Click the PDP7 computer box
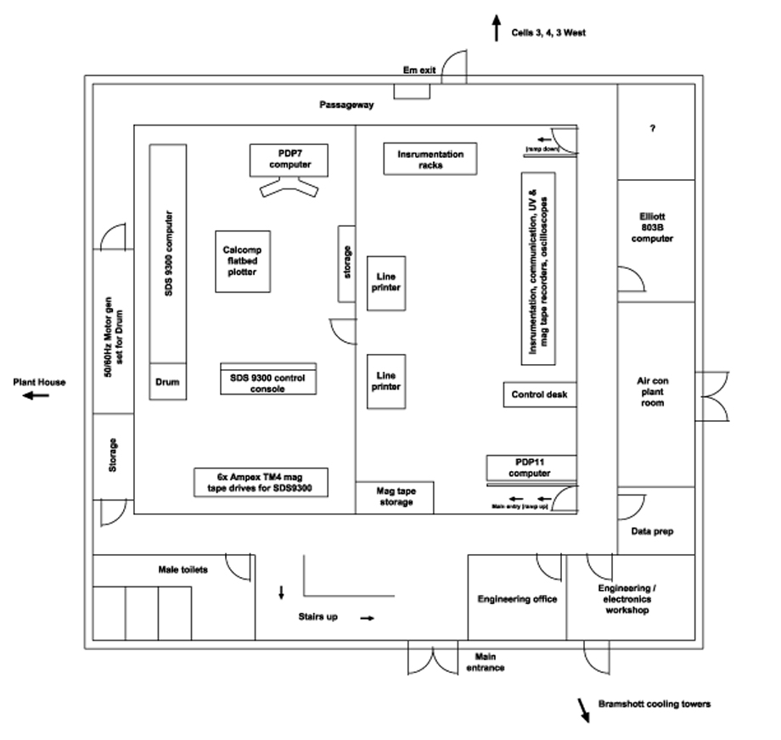click(x=289, y=160)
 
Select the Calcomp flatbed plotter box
click(x=243, y=261)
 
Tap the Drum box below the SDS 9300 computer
click(x=168, y=381)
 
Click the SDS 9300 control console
click(x=268, y=379)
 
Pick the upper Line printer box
click(x=386, y=283)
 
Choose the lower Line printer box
click(x=386, y=381)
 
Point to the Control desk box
click(x=540, y=395)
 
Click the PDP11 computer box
click(x=531, y=468)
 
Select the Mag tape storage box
click(x=395, y=497)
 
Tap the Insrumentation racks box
click(x=430, y=159)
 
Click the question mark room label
click(x=653, y=128)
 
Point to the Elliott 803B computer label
click(x=652, y=227)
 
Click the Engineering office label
click(x=517, y=599)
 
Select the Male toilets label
click(x=183, y=569)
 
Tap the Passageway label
click(x=346, y=104)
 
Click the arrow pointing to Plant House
click(x=36, y=396)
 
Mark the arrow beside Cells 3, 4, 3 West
click(x=496, y=28)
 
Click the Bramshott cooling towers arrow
click(x=583, y=710)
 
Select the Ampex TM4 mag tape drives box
click(x=261, y=482)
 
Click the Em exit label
click(x=419, y=70)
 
